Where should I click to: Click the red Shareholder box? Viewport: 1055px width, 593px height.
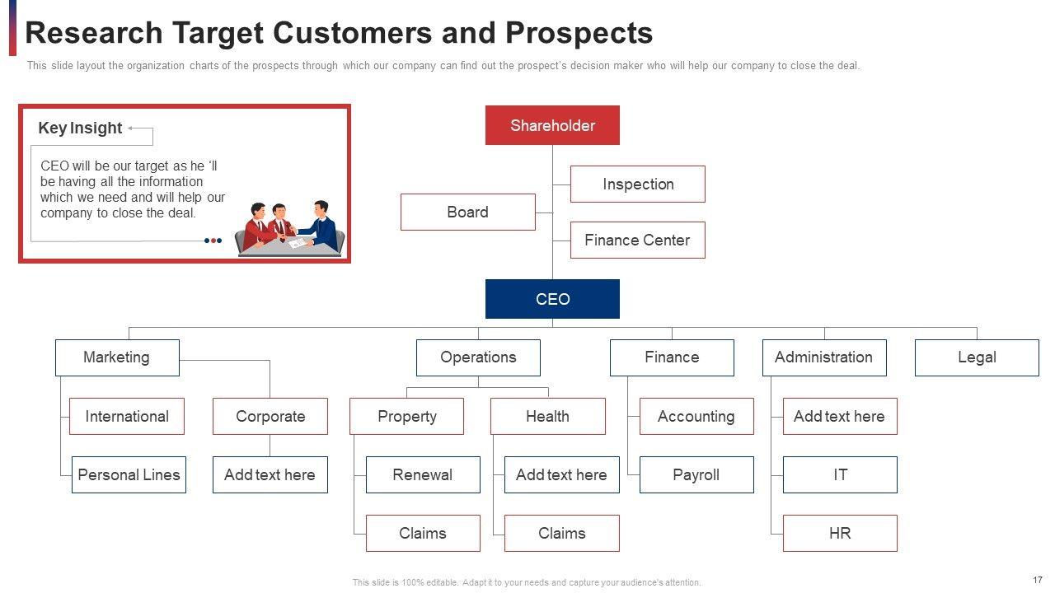coord(552,125)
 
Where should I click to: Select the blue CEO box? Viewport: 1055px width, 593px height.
coord(552,299)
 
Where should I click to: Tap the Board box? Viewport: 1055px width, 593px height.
coord(467,212)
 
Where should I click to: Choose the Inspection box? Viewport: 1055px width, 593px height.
coord(638,184)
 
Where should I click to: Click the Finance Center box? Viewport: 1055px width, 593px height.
coord(637,240)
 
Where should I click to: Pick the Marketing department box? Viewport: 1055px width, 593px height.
coord(116,357)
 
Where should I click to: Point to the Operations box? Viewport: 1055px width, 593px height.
coord(478,357)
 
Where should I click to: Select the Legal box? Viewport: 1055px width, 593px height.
coord(977,357)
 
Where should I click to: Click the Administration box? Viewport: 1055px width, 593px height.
coord(823,357)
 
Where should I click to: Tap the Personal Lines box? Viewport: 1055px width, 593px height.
coord(129,474)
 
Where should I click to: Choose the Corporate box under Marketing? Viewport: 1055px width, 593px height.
coord(270,416)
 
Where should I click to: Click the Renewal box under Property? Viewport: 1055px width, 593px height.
coord(423,474)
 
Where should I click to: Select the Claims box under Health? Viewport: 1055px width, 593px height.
coord(561,533)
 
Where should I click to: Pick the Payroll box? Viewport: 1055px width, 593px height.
coord(696,474)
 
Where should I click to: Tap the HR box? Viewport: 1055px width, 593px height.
coord(840,533)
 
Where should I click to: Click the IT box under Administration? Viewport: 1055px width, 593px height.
coord(840,474)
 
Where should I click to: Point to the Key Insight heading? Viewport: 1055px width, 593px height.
coord(80,128)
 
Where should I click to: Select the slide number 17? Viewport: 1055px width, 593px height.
coord(1037,580)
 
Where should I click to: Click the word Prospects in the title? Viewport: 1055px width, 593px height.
coord(579,33)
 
